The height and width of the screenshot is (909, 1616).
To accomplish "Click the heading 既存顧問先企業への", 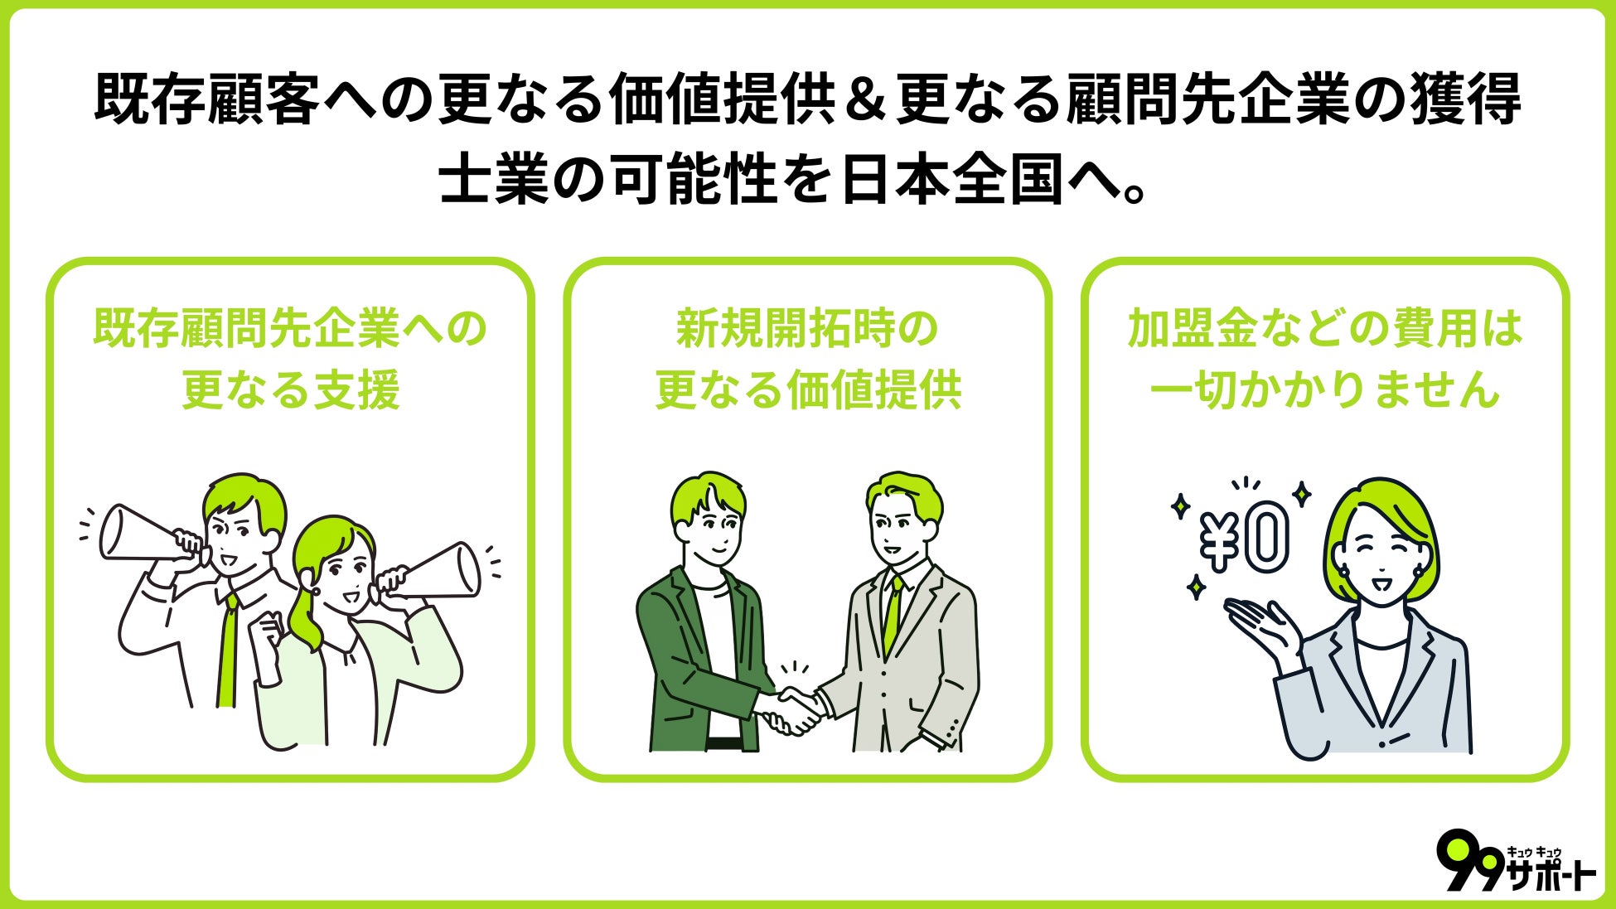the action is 290,329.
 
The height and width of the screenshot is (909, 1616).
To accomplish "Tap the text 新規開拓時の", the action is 807,329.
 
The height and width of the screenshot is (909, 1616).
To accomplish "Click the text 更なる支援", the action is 290,389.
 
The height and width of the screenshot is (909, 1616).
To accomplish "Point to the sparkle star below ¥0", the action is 1196,587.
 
